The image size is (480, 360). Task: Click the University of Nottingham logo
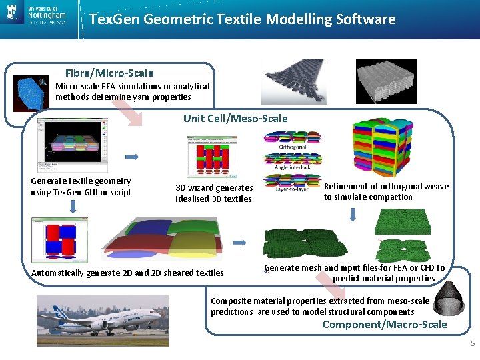pyautogui.click(x=37, y=14)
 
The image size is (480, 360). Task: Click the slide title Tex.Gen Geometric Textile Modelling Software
pyautogui.click(x=242, y=19)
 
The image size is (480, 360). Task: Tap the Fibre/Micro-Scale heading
pyautogui.click(x=109, y=73)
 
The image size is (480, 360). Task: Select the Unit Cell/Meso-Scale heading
pyautogui.click(x=235, y=119)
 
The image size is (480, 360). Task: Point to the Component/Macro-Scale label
pyautogui.click(x=385, y=325)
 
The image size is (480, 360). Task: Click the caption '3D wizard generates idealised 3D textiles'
pyautogui.click(x=214, y=193)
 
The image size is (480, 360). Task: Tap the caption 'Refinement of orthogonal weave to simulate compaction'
pyautogui.click(x=386, y=192)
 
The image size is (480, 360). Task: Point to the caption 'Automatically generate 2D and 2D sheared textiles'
pyautogui.click(x=127, y=273)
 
